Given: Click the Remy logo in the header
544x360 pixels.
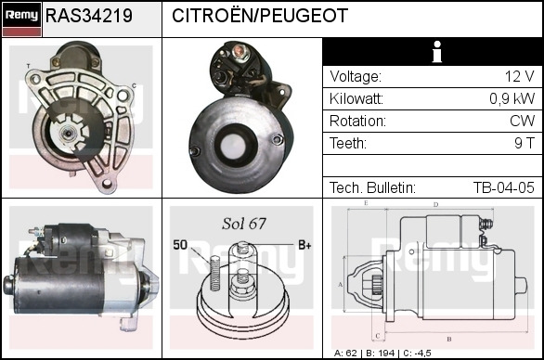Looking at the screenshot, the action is (22, 19).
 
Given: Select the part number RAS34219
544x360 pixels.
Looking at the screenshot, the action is (89, 16).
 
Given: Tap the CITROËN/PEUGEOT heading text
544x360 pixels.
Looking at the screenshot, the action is (260, 16).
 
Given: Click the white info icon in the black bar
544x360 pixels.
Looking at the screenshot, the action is (437, 52).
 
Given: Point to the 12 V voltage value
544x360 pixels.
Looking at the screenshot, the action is (519, 76).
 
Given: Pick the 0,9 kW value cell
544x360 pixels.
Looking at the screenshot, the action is (512, 99).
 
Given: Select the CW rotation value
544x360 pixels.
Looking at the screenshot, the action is (522, 121).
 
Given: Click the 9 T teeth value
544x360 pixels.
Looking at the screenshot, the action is (525, 143).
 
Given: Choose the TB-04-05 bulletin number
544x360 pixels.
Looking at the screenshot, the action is (504, 187).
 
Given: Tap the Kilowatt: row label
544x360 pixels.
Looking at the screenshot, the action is (356, 99).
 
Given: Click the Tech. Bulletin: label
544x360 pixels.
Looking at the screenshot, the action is (372, 187).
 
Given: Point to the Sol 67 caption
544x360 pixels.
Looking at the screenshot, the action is (244, 224).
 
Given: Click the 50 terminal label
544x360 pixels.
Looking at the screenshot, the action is (180, 245).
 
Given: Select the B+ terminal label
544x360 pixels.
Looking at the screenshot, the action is (304, 245).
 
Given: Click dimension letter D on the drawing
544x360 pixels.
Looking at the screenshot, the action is (435, 205).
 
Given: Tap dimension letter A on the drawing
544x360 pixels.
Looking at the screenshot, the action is (341, 285).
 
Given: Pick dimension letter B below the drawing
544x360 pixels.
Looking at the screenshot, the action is (449, 339).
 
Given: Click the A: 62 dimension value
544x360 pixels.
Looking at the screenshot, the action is (345, 354).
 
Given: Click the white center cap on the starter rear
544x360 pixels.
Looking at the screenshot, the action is (233, 146).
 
